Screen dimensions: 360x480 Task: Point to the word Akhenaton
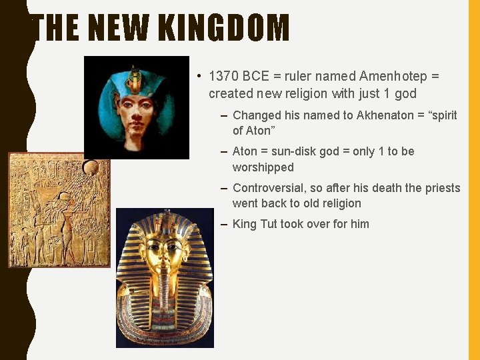(x=385, y=115)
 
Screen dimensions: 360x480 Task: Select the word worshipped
(x=263, y=167)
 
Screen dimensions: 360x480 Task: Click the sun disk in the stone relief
(x=91, y=167)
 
